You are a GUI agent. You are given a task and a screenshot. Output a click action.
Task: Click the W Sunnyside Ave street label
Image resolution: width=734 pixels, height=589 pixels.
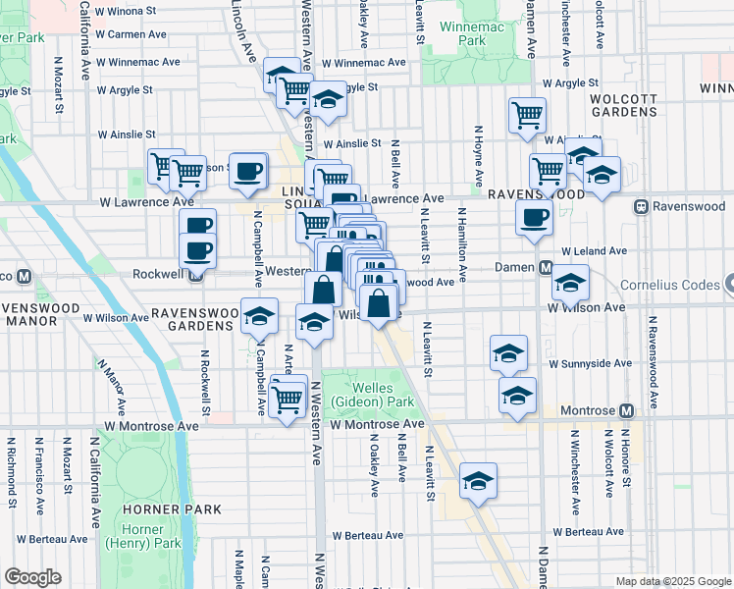tap(590, 362)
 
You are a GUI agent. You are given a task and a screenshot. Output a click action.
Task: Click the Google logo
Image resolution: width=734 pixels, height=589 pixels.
tap(32, 577)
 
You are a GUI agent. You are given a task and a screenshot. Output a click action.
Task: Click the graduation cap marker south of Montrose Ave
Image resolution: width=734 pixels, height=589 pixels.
tap(478, 480)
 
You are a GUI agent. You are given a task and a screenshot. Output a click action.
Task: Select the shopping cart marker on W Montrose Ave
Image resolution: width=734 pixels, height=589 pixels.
tap(287, 400)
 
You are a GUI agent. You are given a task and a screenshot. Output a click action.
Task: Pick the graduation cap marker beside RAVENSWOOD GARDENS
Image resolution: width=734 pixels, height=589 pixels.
tap(260, 317)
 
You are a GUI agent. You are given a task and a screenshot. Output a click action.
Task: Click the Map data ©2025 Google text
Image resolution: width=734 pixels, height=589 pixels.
tap(672, 581)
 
